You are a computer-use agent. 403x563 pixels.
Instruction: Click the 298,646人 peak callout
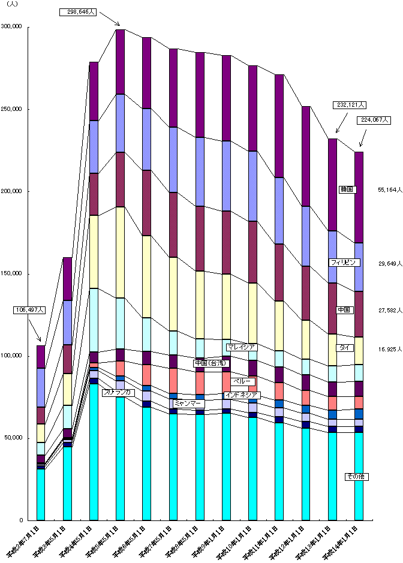click(x=79, y=11)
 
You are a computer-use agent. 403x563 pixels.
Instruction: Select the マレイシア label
click(x=242, y=347)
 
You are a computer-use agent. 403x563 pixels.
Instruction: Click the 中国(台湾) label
click(x=212, y=363)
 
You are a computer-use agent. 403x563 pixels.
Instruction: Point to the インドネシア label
click(x=241, y=395)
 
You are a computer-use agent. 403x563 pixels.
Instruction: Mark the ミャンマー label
click(x=188, y=403)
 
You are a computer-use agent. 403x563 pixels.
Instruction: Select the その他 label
click(x=356, y=477)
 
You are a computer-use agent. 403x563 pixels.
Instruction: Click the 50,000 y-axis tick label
click(x=14, y=438)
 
